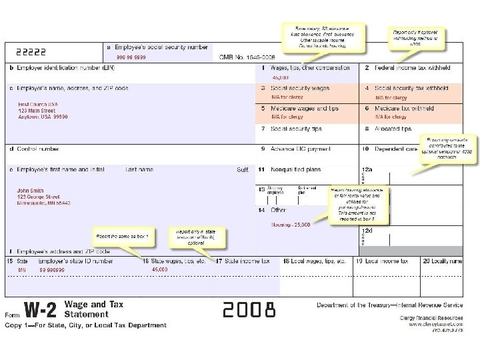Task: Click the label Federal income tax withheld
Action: [x=412, y=67]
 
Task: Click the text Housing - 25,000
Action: [x=290, y=225]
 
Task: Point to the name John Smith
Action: [x=31, y=191]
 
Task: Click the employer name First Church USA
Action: [x=39, y=105]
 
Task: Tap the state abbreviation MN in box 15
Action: [x=22, y=270]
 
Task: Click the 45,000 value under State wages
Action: [x=160, y=270]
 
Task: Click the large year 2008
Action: [x=249, y=310]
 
